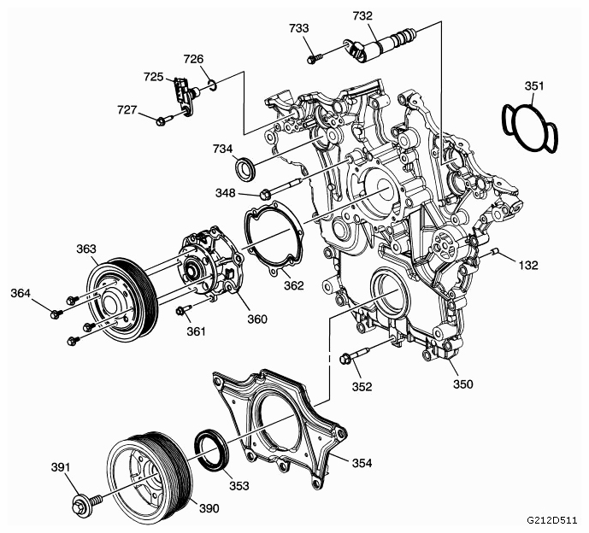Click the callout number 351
click(x=533, y=86)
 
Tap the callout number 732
click(x=362, y=15)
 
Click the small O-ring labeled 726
click(x=213, y=85)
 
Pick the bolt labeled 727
click(x=164, y=120)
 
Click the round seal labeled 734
click(x=245, y=168)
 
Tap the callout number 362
click(x=293, y=286)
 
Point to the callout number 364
click(x=21, y=293)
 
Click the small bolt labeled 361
click(x=183, y=310)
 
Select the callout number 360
click(x=257, y=319)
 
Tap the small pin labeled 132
click(x=496, y=251)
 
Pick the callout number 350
click(x=462, y=384)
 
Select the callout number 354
click(x=362, y=463)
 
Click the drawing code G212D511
click(x=551, y=520)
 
